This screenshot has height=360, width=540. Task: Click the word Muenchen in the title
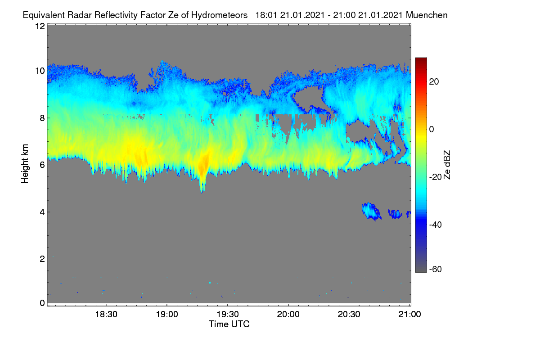tap(427, 15)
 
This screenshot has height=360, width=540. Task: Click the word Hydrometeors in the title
tap(219, 15)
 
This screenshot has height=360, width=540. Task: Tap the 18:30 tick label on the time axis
tap(106, 315)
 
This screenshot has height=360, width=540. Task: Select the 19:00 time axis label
tap(167, 315)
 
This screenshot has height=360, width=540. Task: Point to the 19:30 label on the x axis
tap(228, 315)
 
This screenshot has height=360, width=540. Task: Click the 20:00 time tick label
tap(288, 315)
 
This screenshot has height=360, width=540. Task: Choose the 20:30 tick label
tap(349, 315)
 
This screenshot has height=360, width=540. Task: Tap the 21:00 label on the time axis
tap(409, 315)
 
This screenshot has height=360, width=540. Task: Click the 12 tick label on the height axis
tap(40, 26)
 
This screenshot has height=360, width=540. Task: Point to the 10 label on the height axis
tap(40, 71)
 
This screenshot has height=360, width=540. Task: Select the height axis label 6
tap(42, 165)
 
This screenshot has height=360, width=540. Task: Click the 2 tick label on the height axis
tap(42, 259)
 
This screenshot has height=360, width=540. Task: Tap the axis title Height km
tap(25, 164)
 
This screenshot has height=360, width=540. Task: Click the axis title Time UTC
tap(229, 324)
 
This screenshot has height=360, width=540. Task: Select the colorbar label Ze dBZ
tap(447, 165)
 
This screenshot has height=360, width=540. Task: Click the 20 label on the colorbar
tap(434, 82)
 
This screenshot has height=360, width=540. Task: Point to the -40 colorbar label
tap(436, 225)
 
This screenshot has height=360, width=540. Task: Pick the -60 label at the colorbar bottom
tap(436, 270)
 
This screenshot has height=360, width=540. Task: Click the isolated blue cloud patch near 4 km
tap(372, 211)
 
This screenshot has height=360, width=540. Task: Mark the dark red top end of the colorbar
tap(421, 59)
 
